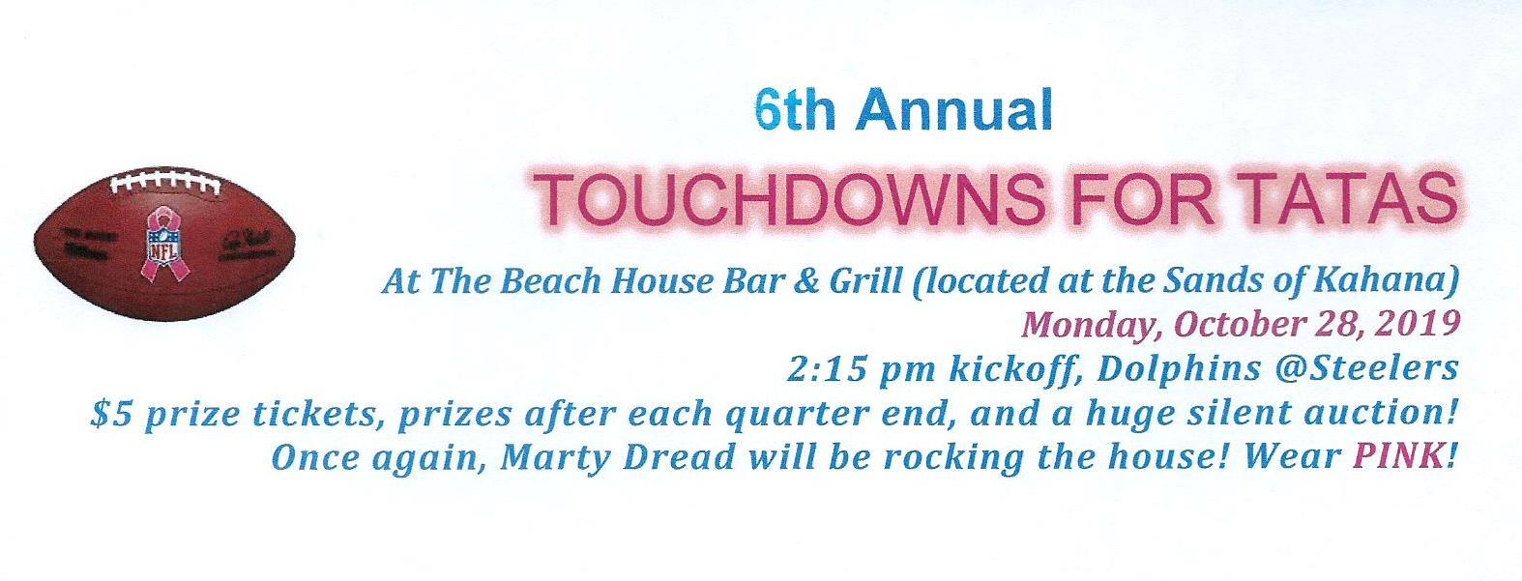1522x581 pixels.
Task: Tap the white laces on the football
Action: [x=165, y=183]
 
